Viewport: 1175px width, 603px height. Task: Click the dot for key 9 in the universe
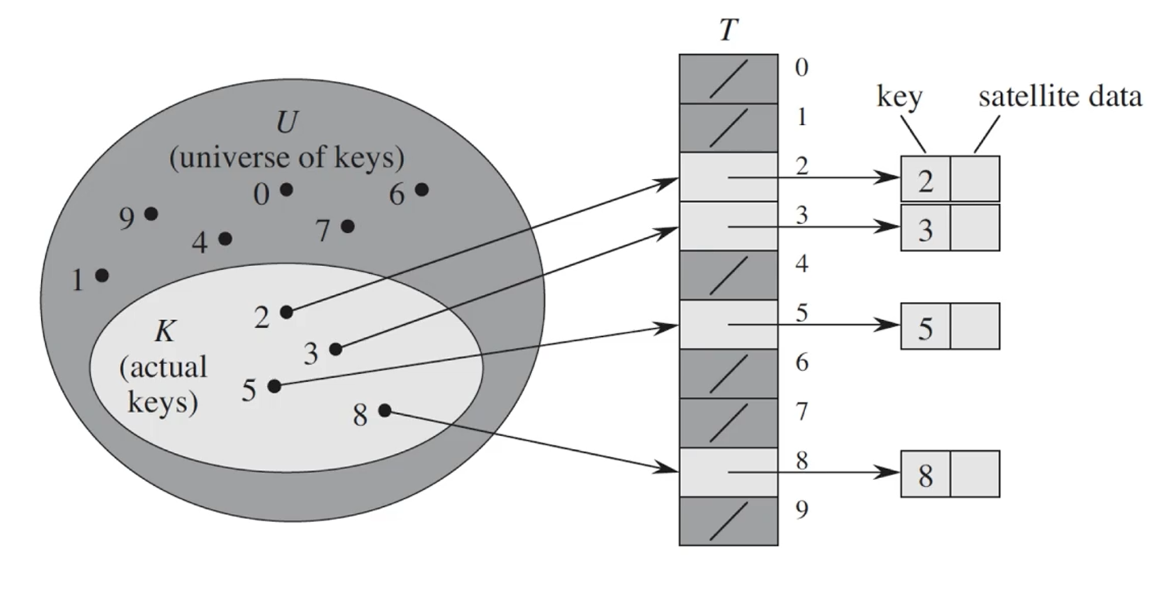tap(151, 214)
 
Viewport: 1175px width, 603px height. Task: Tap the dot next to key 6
tap(421, 189)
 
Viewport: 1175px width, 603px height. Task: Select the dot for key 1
tap(102, 275)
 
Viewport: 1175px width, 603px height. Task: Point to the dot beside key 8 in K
tap(384, 411)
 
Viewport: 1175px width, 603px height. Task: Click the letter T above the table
tap(728, 30)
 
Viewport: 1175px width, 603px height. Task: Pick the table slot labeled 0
tap(728, 79)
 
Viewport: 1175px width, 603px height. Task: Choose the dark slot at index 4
tap(728, 276)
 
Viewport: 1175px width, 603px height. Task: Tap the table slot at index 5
tap(728, 325)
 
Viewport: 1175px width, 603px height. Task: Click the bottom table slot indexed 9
tap(728, 521)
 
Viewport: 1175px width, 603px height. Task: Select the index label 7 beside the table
tap(802, 412)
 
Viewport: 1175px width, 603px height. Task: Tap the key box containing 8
tap(925, 474)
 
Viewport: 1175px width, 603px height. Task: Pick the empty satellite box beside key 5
tap(974, 326)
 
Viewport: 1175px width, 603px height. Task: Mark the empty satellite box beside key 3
tap(974, 228)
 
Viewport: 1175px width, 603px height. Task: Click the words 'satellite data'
tap(1060, 96)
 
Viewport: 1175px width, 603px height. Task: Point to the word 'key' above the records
tap(899, 97)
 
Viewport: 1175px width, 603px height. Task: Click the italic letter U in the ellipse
tap(287, 122)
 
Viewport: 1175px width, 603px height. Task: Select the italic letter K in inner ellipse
tap(164, 331)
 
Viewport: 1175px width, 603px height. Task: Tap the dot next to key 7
tap(348, 226)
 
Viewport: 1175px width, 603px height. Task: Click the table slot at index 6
tap(728, 374)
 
